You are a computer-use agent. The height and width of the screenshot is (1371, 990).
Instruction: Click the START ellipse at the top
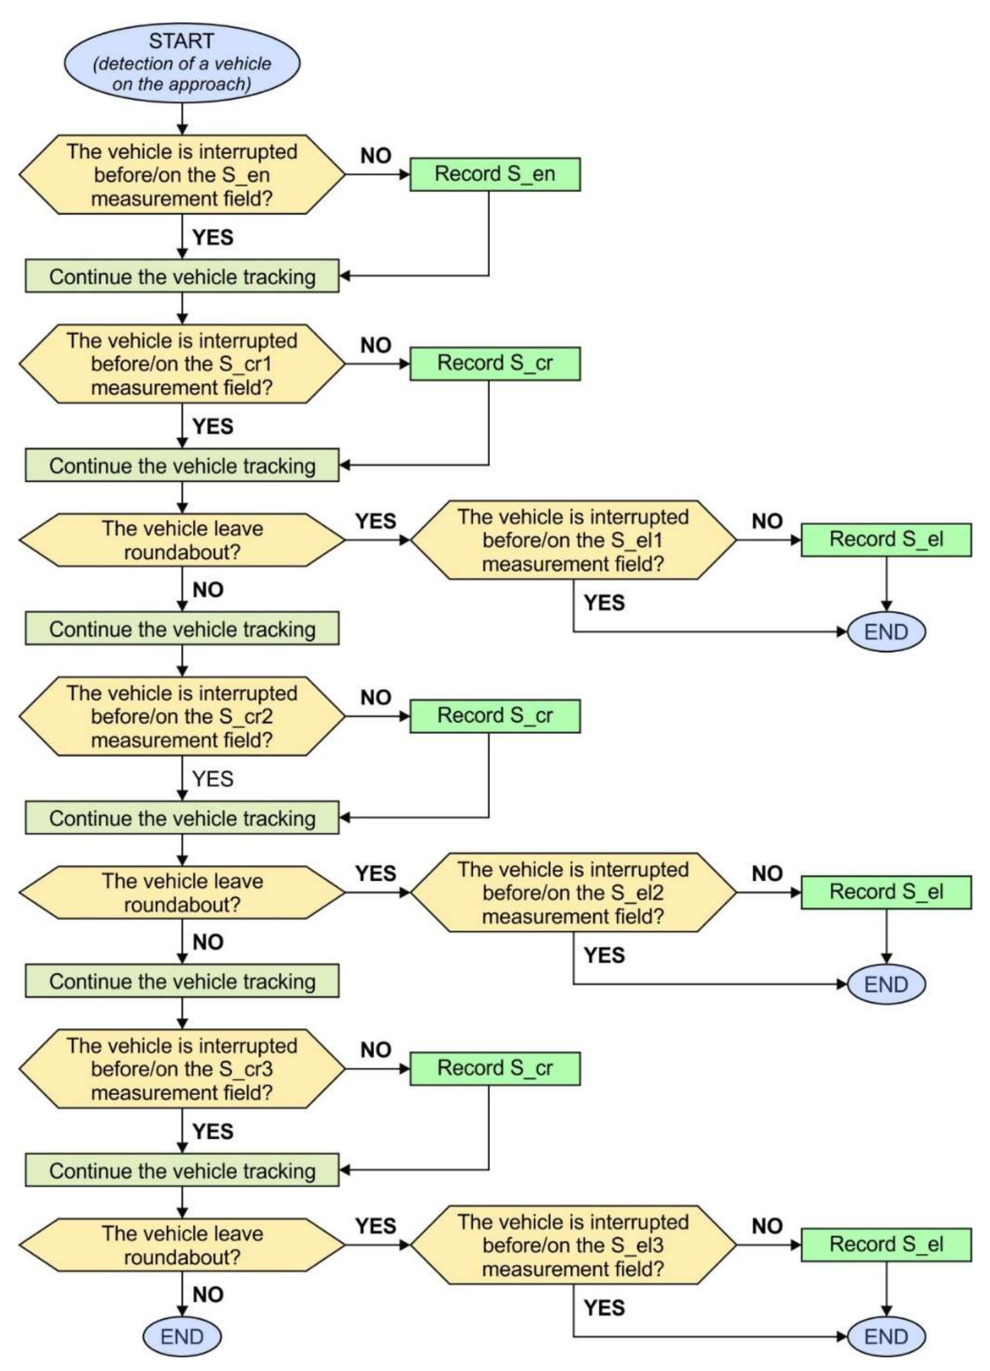click(x=182, y=62)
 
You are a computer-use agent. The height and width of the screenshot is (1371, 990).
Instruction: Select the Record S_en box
click(x=494, y=174)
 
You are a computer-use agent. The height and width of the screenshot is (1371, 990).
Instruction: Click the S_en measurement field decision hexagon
click(x=182, y=175)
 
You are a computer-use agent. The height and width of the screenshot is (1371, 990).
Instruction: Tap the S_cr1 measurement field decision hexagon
click(x=182, y=364)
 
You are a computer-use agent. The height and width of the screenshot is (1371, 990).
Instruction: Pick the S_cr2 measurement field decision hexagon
click(x=182, y=716)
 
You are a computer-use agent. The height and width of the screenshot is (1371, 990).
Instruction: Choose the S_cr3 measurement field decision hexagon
click(x=182, y=1069)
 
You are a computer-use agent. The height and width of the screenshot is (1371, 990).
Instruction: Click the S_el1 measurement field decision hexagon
click(x=572, y=540)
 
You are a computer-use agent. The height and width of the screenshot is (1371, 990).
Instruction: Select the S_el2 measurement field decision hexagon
click(x=572, y=892)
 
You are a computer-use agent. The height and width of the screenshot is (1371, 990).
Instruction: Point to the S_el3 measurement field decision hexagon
click(x=572, y=1245)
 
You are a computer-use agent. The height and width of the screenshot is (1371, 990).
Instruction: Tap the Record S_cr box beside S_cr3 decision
click(x=494, y=1068)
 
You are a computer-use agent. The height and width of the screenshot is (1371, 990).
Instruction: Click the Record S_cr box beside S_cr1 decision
click(x=494, y=363)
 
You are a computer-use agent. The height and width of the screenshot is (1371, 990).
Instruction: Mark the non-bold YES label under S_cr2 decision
click(x=212, y=778)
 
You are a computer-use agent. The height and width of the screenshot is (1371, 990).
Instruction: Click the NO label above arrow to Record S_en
click(x=375, y=156)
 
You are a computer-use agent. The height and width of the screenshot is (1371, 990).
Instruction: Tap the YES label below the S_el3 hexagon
click(x=604, y=1307)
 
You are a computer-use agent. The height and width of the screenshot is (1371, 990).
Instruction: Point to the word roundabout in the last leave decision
click(x=182, y=1257)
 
